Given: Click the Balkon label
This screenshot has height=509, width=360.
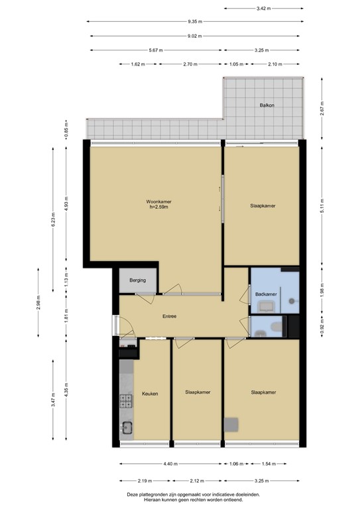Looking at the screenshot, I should point(267,106).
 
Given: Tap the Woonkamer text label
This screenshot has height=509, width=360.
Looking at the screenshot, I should point(158,201).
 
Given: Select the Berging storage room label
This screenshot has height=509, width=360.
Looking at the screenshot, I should point(138,280).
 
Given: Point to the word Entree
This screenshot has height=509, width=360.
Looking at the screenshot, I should point(170,316).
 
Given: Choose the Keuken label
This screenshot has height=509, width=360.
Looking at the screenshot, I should point(150,393).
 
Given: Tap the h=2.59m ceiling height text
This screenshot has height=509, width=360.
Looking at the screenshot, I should point(158,208).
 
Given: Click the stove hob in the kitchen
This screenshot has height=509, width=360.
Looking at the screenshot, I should point(126,400).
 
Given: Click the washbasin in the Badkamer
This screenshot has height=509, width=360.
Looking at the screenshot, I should point(267,306).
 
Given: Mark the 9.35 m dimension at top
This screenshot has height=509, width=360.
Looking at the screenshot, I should point(195,21).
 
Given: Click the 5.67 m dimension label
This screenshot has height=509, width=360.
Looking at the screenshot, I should point(156,50).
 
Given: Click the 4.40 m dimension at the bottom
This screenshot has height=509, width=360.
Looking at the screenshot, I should point(171,464).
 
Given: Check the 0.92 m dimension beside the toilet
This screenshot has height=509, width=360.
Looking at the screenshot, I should point(322,327).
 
